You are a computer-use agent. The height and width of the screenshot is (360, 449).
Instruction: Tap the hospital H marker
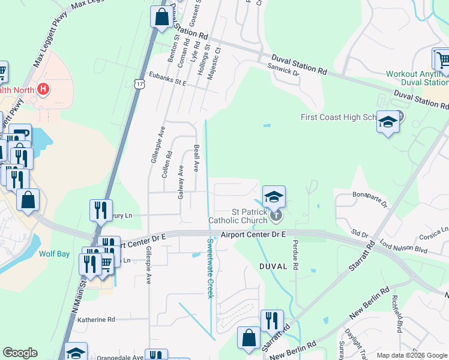click(43, 89)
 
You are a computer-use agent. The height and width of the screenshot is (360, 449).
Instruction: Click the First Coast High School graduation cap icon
click(388, 122)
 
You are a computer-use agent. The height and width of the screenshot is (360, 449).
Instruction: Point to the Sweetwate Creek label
click(211, 268)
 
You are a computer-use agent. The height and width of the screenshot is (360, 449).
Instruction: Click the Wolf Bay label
click(55, 254)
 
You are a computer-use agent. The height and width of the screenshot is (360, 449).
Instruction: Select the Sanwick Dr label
click(285, 71)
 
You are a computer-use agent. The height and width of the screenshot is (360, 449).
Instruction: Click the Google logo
click(20, 353)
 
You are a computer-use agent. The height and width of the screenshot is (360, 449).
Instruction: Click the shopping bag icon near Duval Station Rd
click(161, 17)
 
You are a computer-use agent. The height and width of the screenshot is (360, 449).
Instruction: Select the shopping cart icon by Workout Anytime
click(441, 59)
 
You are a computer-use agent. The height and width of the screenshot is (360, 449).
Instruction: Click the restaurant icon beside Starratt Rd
click(271, 321)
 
